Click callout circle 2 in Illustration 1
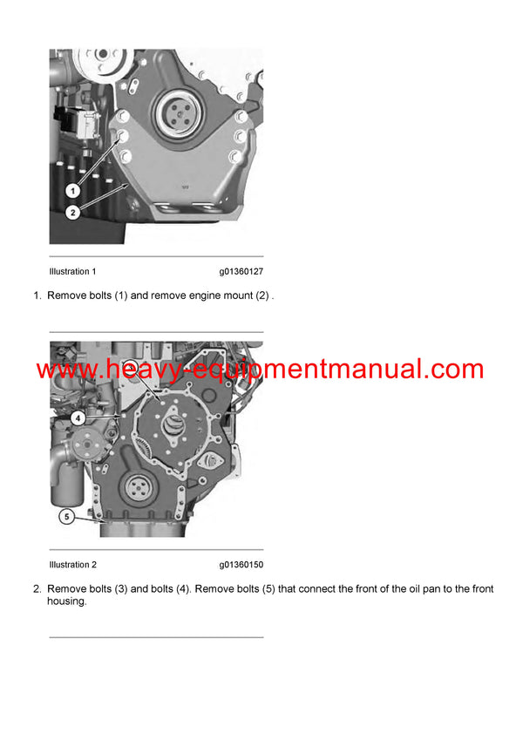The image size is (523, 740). [x=73, y=212]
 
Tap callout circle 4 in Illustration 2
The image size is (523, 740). [x=78, y=418]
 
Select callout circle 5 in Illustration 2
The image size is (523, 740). [x=65, y=516]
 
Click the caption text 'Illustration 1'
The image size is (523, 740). [x=72, y=272]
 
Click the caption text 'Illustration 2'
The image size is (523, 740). [x=72, y=565]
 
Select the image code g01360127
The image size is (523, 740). [x=241, y=272]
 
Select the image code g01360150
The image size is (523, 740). [x=241, y=565]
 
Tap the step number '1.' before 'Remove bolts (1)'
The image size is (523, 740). [x=37, y=296]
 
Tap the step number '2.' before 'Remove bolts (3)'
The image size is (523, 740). [x=37, y=589]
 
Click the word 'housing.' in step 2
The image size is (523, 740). [x=67, y=601]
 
